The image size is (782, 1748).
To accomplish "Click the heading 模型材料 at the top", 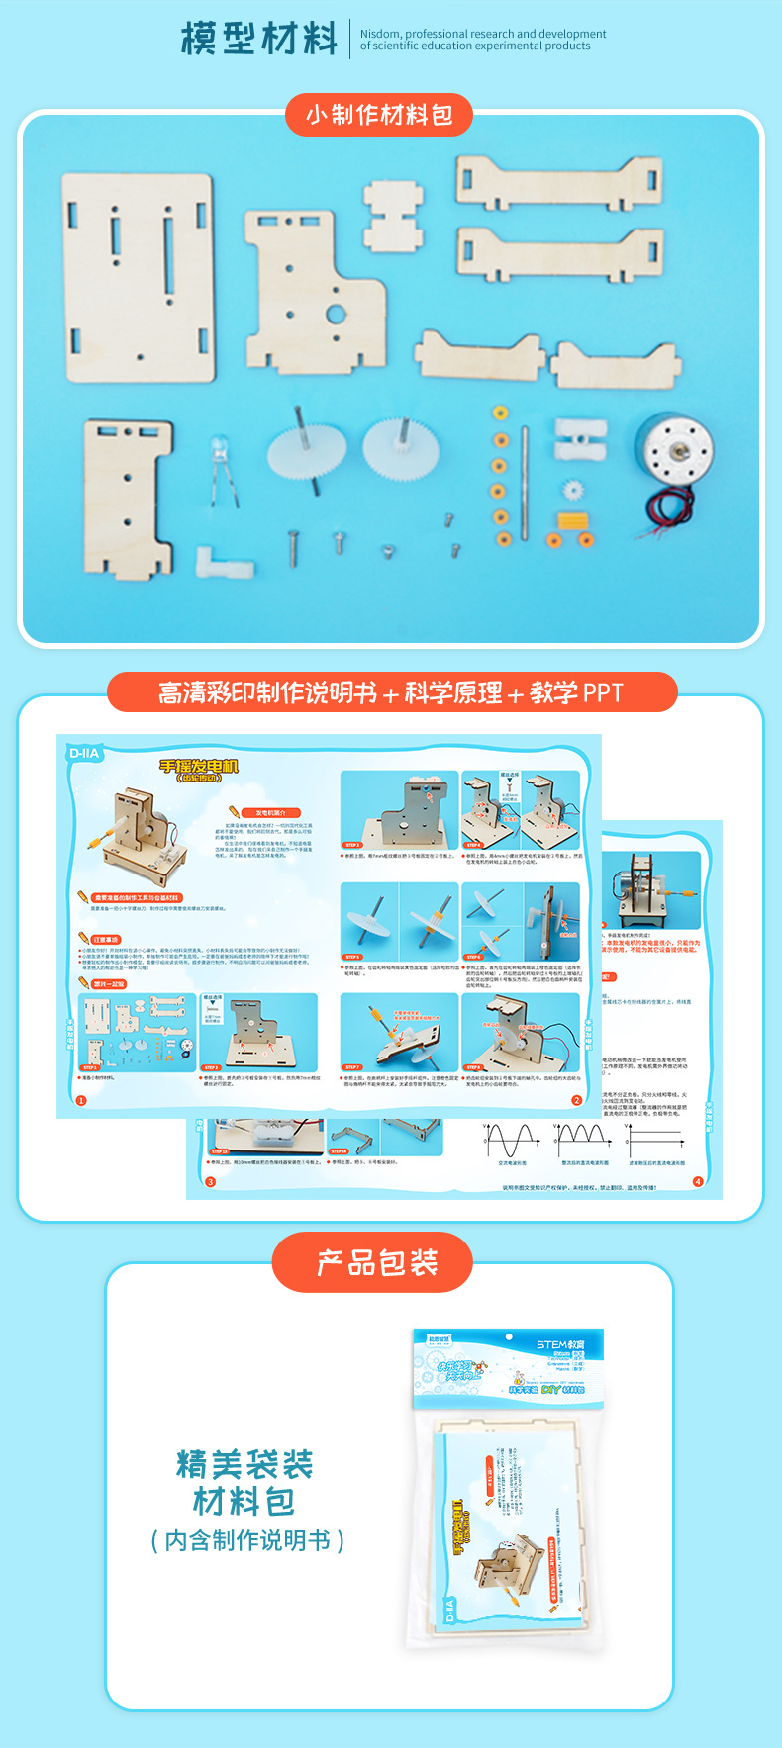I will click(259, 40).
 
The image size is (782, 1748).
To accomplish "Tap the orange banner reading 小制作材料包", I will click(379, 115).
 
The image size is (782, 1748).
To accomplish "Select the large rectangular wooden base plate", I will click(139, 278).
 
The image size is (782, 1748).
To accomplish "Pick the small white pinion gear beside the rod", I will click(571, 489).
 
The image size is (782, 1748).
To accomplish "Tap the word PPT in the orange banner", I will click(602, 692).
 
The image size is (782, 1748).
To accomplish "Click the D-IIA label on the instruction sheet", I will click(84, 753).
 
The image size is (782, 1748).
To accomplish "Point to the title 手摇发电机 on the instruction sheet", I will click(199, 767).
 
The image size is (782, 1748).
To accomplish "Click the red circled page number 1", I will click(81, 1100).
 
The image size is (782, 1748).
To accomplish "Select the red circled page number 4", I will click(697, 1181).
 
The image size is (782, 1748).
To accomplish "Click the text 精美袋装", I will click(244, 1464).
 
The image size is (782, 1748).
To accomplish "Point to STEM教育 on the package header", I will click(560, 1344).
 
